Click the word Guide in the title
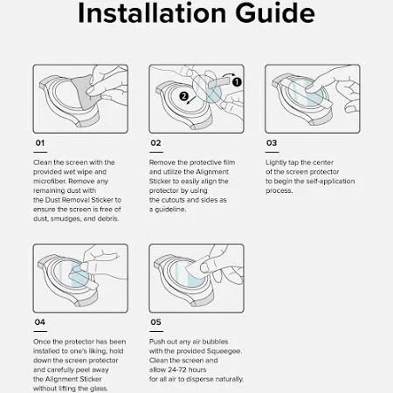pos(275,13)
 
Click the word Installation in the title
pos(152,13)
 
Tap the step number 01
pos(40,143)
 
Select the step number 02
pos(155,143)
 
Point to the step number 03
pos(272,143)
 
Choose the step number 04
pos(40,322)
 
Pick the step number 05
pos(155,322)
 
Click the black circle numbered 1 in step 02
pos(237,82)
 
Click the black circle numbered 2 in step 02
pos(184,96)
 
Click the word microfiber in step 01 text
pos(50,181)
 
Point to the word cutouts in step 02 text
pos(173,200)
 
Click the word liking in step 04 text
pos(106,351)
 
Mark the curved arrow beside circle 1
pos(229,75)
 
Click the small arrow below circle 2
pos(191,100)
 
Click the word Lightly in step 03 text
pos(276,162)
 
